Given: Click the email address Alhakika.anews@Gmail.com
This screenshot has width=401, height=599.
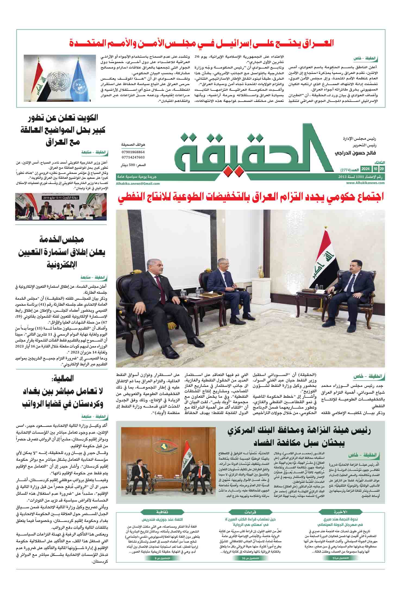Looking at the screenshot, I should tap(138, 184).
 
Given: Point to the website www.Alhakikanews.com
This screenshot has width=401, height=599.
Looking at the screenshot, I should tap(365, 183).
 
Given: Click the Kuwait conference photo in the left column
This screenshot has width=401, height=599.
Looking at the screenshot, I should tap(61, 206).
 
